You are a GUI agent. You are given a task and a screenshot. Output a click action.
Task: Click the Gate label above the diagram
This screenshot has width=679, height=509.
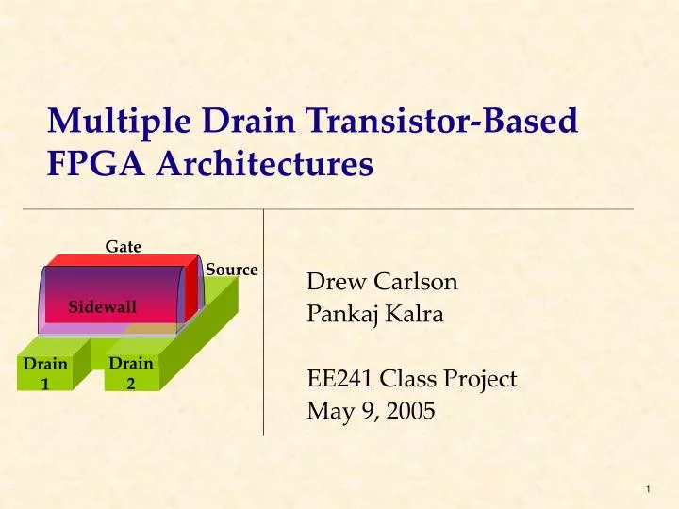click(x=123, y=247)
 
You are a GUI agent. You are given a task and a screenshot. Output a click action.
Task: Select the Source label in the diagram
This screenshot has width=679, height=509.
click(x=231, y=270)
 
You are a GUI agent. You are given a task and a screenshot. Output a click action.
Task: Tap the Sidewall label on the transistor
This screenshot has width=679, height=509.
click(x=102, y=307)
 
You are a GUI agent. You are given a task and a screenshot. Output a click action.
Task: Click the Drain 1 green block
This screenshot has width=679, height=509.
click(x=45, y=373)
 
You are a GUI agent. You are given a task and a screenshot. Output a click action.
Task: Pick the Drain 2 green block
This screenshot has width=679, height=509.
click(x=131, y=372)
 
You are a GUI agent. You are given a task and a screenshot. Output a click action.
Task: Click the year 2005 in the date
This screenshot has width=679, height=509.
click(x=409, y=411)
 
